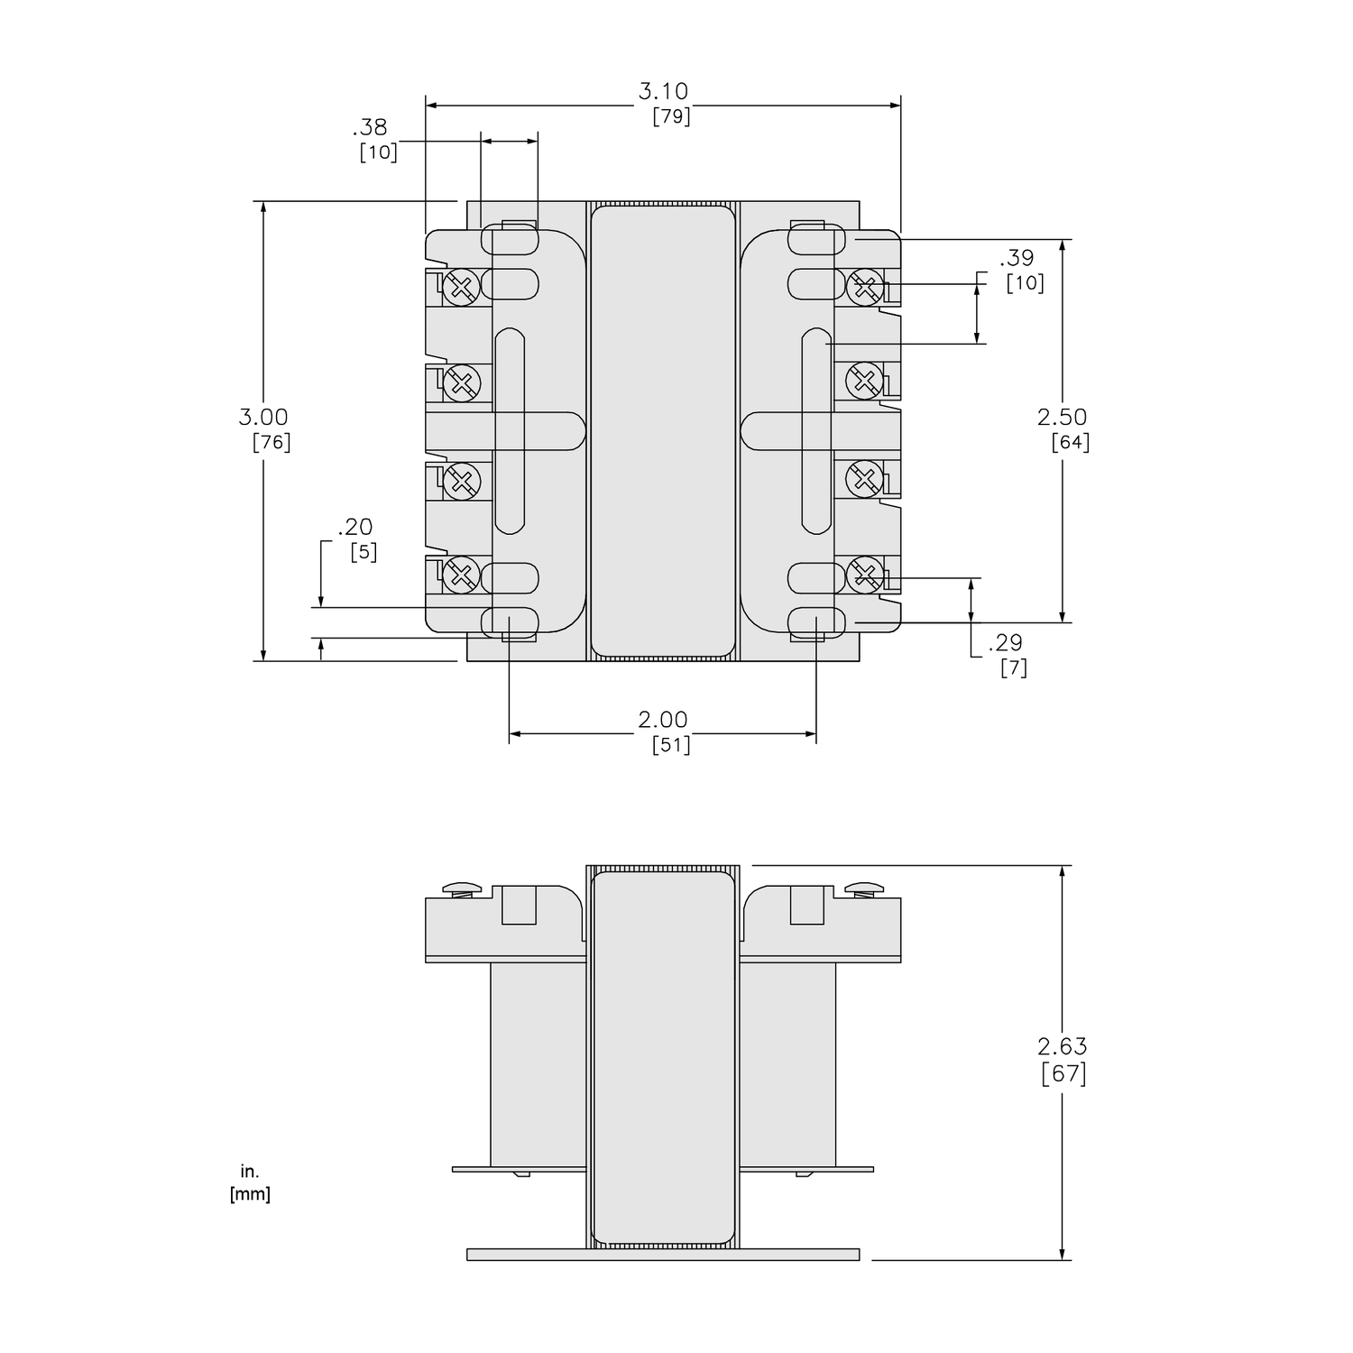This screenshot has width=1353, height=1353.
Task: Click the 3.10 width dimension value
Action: coord(663,91)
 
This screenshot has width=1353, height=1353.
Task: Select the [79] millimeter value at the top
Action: coord(671,116)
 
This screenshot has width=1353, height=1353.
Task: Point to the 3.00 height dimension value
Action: coord(263,417)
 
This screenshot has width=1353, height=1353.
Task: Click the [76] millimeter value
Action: coord(272,442)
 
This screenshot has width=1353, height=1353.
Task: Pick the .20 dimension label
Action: coord(354,527)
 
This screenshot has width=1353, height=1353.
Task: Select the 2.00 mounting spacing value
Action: coord(663,720)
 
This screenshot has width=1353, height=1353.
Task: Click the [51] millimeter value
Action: coord(671,745)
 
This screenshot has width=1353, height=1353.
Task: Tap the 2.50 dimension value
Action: coord(1062,417)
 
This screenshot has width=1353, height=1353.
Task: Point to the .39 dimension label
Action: coord(1017,258)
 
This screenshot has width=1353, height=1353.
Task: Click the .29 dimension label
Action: coord(1005,642)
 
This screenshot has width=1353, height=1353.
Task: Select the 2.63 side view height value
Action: coord(1062,1046)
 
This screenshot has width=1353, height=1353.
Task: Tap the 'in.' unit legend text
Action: coord(250,1172)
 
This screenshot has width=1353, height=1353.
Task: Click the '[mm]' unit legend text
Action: coord(250,1194)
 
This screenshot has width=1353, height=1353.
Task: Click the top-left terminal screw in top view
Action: coord(461,288)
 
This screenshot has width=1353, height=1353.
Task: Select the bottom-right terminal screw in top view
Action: coord(864,574)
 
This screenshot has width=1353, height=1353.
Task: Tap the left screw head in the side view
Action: coord(463,888)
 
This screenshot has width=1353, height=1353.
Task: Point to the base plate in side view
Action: coord(663,1255)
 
